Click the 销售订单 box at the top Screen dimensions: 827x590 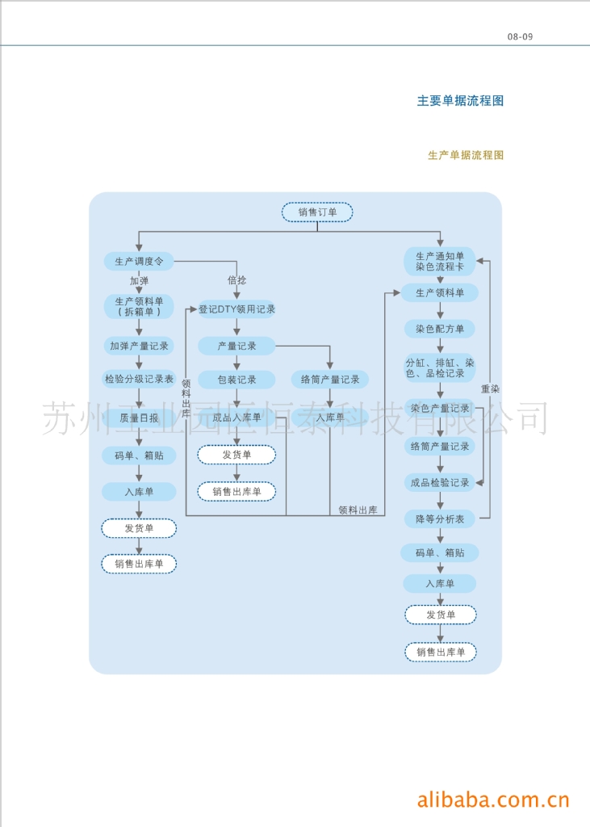317,212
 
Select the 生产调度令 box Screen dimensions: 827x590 139,261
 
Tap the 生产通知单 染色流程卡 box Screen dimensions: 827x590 440,260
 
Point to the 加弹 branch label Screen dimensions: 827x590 139,281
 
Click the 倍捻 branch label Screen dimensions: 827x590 236,280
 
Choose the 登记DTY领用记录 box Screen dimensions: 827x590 236,309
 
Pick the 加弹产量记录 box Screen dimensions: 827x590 139,346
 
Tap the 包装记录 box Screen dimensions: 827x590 236,379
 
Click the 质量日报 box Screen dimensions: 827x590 139,418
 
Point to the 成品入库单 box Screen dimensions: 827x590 236,418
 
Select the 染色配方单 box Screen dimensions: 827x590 440,329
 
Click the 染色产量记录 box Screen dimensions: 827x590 440,408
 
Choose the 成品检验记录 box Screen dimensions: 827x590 440,482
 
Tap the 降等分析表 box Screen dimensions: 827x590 440,519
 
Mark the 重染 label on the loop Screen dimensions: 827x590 490,388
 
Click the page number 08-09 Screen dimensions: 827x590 520,36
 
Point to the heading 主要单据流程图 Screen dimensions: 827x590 460,101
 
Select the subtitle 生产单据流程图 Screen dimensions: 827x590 465,155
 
